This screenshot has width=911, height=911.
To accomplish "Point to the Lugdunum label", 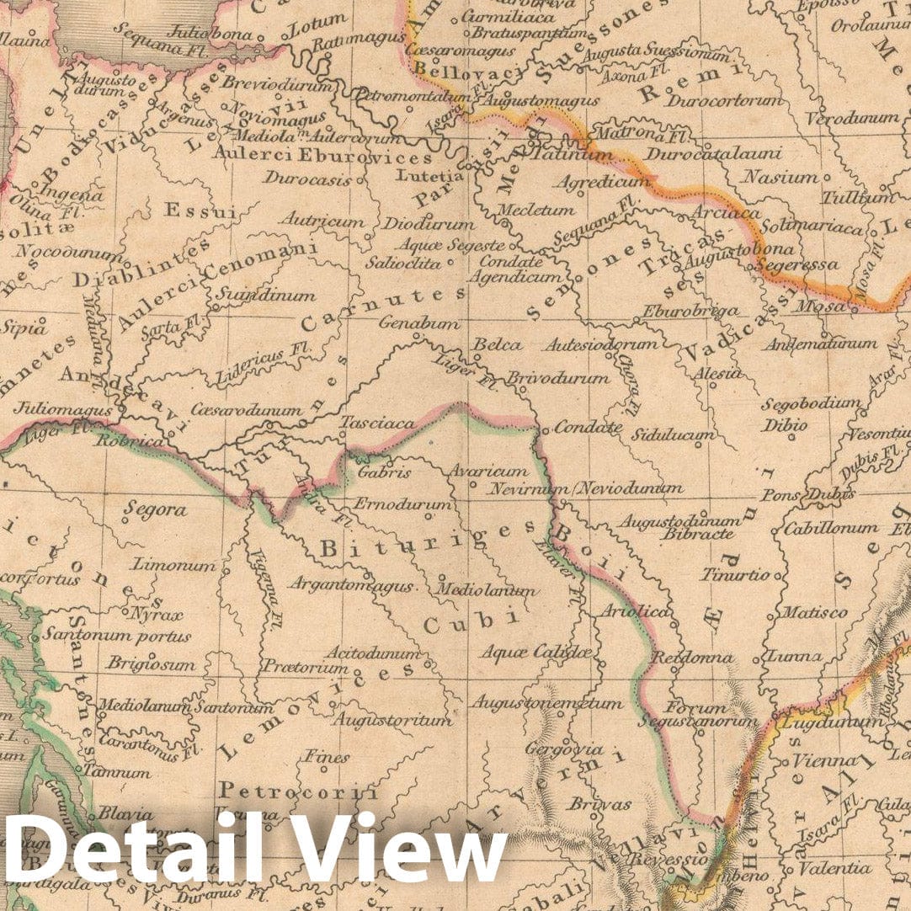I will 822,722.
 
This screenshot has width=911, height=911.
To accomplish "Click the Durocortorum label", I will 724,101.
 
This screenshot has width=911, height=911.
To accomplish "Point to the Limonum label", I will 174,565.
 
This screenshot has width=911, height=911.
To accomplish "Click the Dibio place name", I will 783,425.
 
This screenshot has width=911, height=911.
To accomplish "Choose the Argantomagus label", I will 351,585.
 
